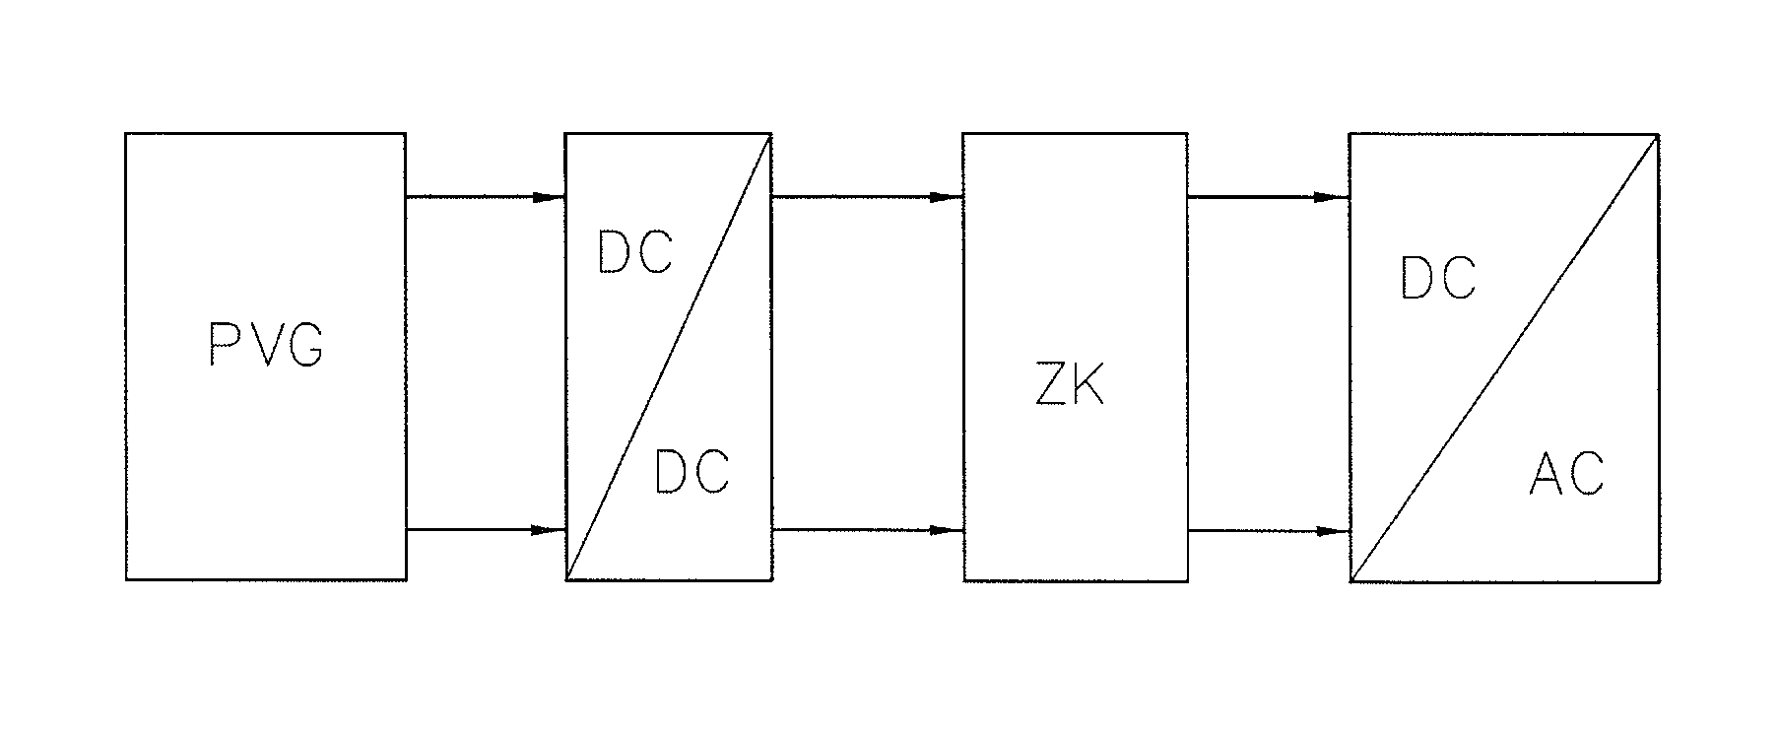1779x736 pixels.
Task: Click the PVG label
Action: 266,346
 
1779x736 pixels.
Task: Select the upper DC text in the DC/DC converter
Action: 635,253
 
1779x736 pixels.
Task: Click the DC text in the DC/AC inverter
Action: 1438,279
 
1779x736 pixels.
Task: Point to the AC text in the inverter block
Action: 1566,474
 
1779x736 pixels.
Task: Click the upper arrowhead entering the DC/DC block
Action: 548,197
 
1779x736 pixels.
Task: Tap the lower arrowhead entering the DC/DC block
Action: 548,530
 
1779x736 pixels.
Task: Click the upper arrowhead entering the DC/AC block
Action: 1332,197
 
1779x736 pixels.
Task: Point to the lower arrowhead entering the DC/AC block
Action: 1332,531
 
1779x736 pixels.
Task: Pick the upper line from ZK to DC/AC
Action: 1251,197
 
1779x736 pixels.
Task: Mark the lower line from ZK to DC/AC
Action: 1251,531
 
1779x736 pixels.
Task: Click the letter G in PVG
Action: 306,346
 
